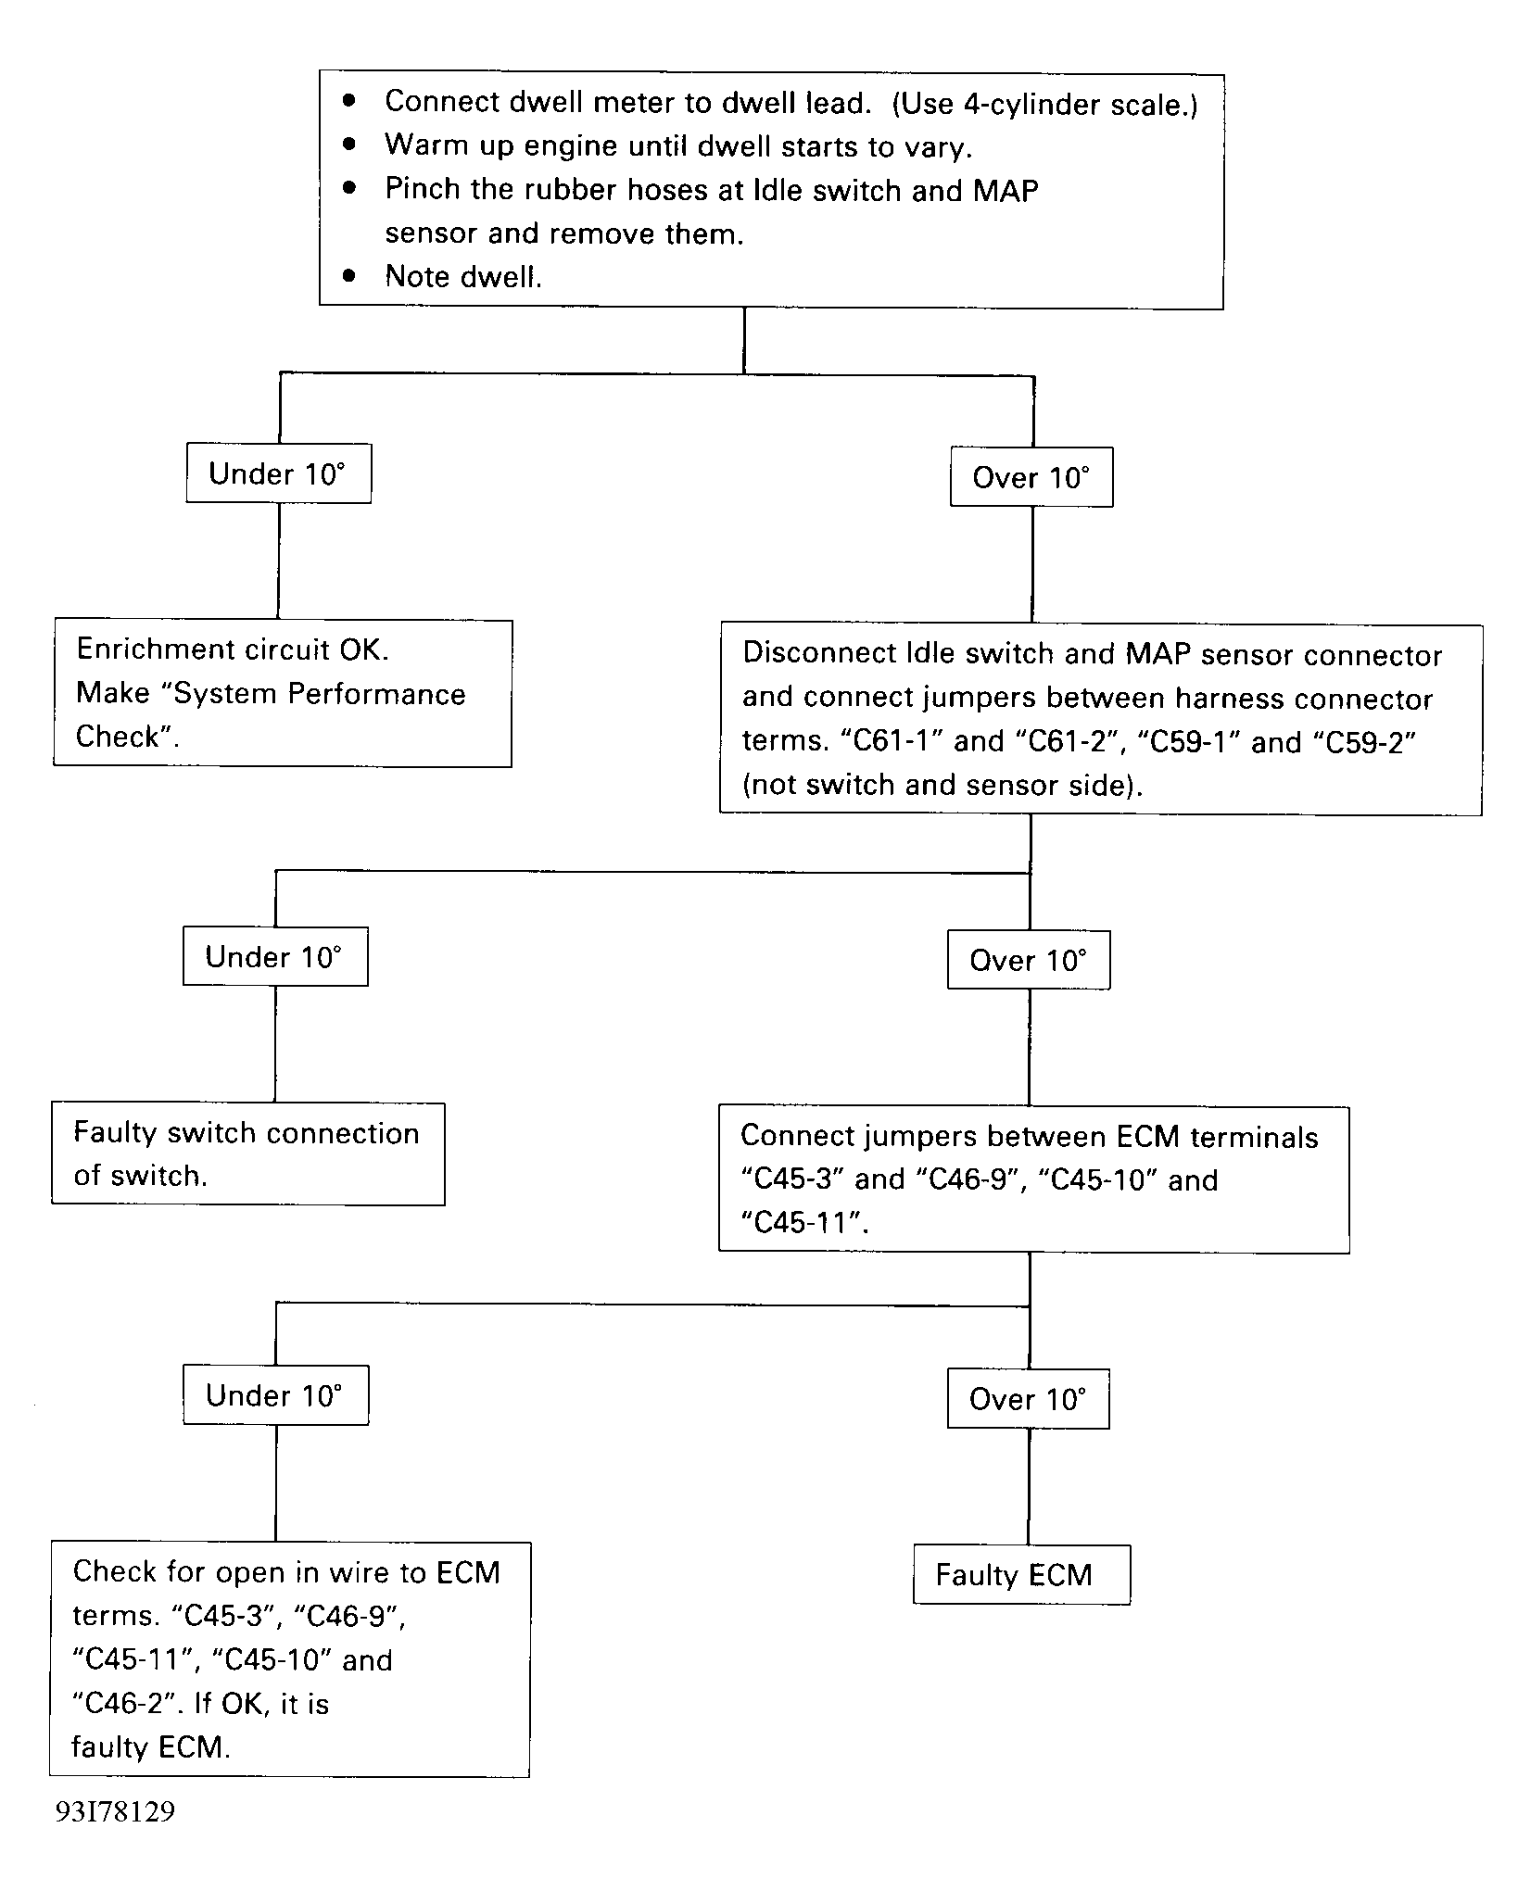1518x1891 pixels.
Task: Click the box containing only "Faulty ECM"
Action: [x=1021, y=1574]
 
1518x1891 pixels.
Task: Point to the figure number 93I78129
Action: [x=115, y=1812]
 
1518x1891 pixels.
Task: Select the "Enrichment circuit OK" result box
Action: [x=283, y=693]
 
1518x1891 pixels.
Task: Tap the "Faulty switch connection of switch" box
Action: [x=247, y=1154]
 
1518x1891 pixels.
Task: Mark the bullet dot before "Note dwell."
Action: [x=349, y=275]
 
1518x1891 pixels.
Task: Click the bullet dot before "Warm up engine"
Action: [x=349, y=145]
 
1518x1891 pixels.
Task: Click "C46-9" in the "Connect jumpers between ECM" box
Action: [x=963, y=1179]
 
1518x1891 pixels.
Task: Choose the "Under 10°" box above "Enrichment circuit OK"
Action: [x=278, y=473]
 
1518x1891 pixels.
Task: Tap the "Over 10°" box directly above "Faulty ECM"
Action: [x=1028, y=1398]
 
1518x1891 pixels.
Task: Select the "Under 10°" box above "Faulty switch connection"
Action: [x=275, y=956]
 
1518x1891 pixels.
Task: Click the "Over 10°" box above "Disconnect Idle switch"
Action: [x=1031, y=477]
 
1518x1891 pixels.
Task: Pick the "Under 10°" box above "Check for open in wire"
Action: [x=275, y=1394]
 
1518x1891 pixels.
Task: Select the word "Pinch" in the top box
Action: [x=422, y=189]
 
